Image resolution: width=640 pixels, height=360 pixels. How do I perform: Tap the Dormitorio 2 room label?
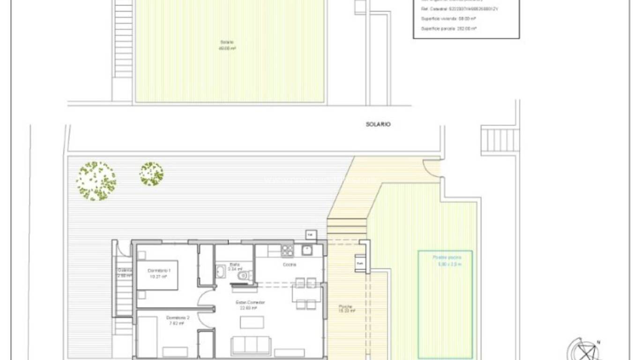coord(178,318)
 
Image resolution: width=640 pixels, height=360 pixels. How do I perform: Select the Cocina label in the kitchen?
coord(289,265)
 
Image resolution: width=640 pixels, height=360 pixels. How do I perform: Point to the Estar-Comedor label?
coord(250,302)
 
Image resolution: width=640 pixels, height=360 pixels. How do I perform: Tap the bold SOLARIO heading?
coord(378,124)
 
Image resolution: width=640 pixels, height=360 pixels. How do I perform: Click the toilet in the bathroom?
coord(244,276)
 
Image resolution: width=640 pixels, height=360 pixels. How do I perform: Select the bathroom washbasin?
coord(220,271)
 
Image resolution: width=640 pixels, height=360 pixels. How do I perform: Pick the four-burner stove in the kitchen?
coord(287,250)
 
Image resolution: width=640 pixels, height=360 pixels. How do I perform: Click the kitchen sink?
coord(307,250)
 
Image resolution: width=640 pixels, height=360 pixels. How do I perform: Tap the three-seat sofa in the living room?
coord(251,345)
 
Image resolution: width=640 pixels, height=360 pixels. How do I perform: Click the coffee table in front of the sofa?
coord(252,322)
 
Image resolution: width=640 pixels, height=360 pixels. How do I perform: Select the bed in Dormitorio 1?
coord(157,275)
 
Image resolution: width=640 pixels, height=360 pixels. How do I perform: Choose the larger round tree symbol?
coord(96,181)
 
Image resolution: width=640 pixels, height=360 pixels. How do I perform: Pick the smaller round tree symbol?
coord(151,174)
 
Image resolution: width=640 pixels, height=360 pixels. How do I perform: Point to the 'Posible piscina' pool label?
coord(447,257)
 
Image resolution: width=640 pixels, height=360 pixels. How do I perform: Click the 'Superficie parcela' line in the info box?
coord(448,29)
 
